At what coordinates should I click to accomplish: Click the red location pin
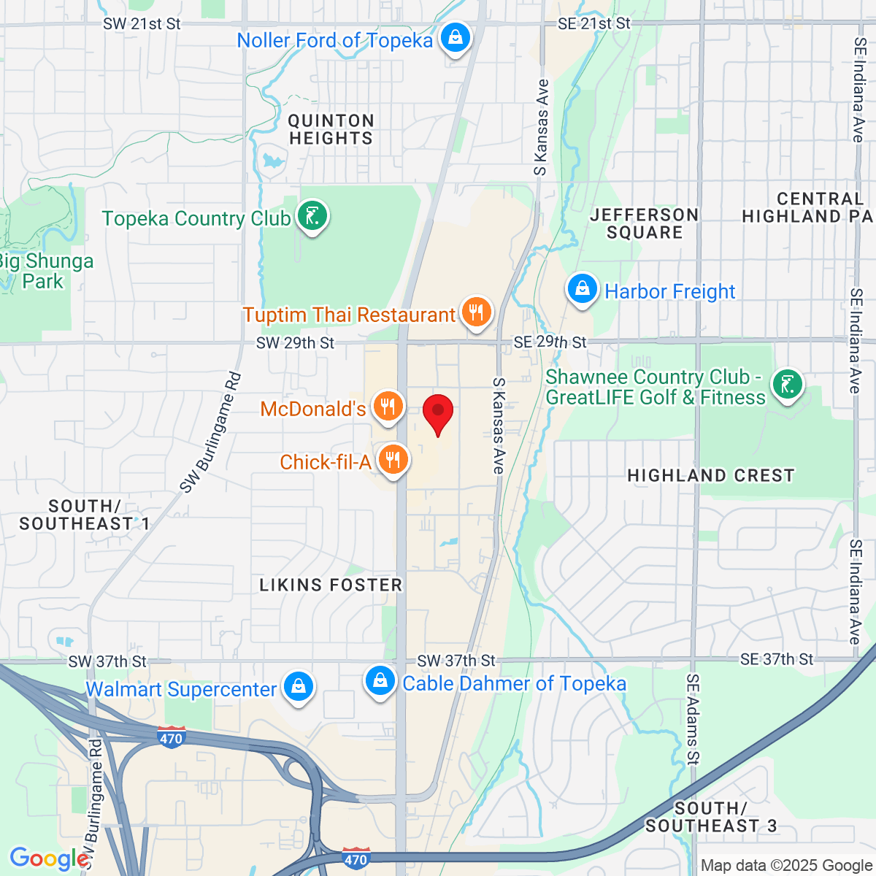[x=438, y=412]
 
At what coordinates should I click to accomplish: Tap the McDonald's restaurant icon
[x=388, y=407]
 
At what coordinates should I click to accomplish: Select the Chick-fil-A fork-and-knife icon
[x=393, y=460]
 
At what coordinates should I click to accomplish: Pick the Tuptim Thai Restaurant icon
[x=476, y=312]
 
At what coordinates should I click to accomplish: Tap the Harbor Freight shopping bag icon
[x=583, y=289]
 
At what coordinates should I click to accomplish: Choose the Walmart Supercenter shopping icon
[x=298, y=687]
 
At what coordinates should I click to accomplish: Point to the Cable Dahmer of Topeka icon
[x=380, y=681]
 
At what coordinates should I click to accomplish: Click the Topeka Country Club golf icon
[x=312, y=216]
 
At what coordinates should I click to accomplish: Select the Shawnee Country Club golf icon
[x=788, y=384]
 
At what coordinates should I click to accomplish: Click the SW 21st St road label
[x=142, y=24]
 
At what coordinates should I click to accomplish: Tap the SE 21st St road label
[x=593, y=24]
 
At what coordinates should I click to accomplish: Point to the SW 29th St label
[x=295, y=342]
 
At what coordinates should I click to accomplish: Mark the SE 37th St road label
[x=776, y=659]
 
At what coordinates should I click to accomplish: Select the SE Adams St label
[x=692, y=719]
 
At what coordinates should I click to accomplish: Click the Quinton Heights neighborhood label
[x=331, y=130]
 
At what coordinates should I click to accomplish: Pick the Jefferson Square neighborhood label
[x=644, y=224]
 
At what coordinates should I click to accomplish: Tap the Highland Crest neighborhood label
[x=710, y=476]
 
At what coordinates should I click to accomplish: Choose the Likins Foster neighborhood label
[x=331, y=585]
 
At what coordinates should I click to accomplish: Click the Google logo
[x=49, y=858]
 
